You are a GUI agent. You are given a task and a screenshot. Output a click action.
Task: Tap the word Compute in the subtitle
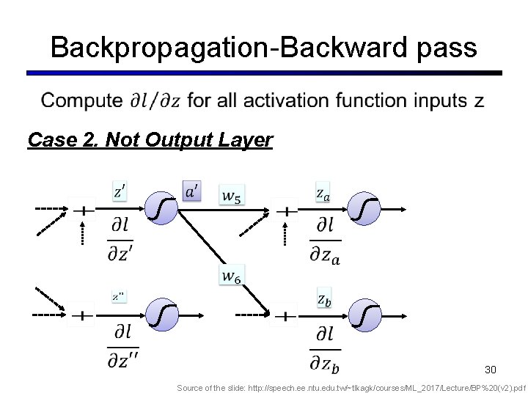tap(81, 100)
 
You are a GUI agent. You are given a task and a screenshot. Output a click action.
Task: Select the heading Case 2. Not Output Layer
tap(150, 139)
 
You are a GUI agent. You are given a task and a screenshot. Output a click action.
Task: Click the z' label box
tap(120, 192)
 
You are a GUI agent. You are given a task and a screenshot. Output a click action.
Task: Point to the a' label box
tap(192, 191)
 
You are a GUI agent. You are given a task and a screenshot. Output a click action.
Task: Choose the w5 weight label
tap(232, 195)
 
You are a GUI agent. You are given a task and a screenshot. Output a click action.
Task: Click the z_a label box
tap(323, 193)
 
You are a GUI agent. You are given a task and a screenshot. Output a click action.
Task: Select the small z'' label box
tap(119, 297)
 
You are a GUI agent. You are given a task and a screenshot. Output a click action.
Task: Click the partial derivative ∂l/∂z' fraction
tap(120, 239)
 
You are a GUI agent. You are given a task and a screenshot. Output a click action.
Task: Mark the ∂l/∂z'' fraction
tap(122, 347)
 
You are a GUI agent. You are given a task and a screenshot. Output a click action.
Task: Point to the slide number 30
tap(491, 369)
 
